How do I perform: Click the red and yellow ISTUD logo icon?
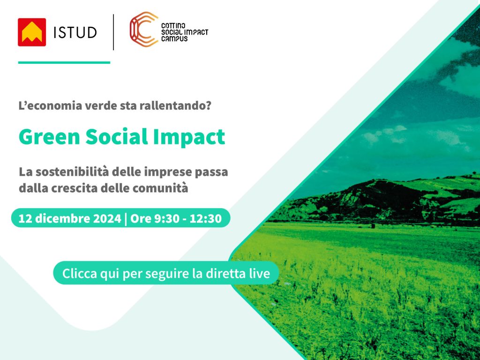click(32, 32)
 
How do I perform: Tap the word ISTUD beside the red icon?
click(75, 32)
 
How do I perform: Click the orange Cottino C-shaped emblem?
click(143, 29)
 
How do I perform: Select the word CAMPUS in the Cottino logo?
click(174, 38)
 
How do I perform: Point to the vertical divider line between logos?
click(113, 32)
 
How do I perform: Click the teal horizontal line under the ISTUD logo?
click(64, 62)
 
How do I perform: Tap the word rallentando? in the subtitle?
click(175, 105)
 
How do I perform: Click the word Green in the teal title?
click(49, 136)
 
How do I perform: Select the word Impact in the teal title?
click(189, 137)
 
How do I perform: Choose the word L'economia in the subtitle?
click(50, 105)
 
